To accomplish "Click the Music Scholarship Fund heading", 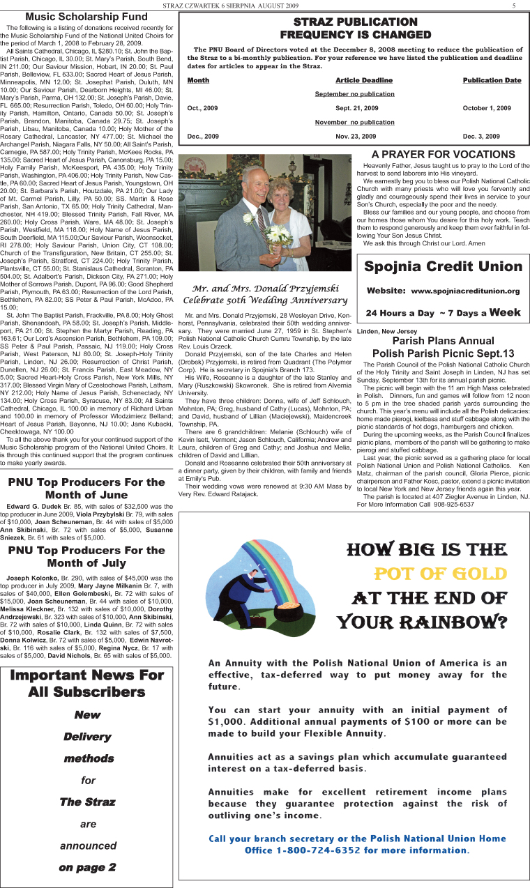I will [x=86, y=17].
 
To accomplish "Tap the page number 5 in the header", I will [x=513, y=6].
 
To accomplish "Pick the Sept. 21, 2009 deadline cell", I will [x=356, y=108].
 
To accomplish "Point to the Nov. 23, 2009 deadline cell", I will [x=356, y=136].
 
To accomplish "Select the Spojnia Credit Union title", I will [x=443, y=266].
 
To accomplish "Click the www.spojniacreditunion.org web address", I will [x=465, y=291].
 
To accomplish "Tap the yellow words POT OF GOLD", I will [x=440, y=574].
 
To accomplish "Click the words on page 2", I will [x=88, y=867].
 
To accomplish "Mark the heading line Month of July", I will [x=86, y=563].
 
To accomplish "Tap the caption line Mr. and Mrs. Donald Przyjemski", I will [x=266, y=289].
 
